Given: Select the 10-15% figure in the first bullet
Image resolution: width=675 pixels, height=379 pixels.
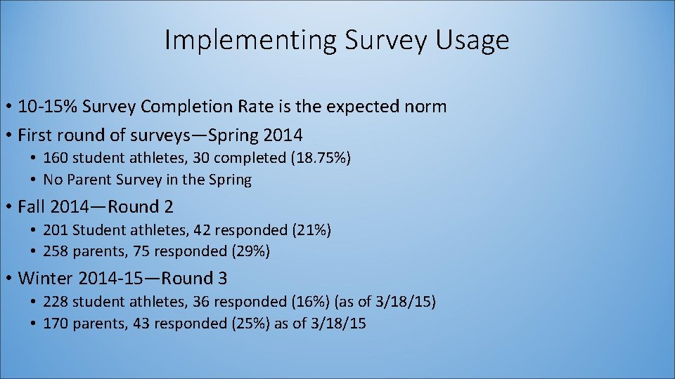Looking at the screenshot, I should pyautogui.click(x=48, y=107).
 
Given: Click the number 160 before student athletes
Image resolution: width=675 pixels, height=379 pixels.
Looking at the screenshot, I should pyautogui.click(x=56, y=158).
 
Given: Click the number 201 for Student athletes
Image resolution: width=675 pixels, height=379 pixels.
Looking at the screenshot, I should pyautogui.click(x=56, y=230).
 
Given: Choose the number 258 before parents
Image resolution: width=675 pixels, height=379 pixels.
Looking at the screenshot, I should pyautogui.click(x=56, y=251).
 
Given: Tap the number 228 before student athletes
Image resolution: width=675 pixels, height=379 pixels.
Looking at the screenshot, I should pyautogui.click(x=56, y=302).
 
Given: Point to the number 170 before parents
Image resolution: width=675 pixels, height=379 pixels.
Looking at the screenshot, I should pyautogui.click(x=56, y=324).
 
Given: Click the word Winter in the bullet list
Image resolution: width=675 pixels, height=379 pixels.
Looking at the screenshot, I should pyautogui.click(x=46, y=279).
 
